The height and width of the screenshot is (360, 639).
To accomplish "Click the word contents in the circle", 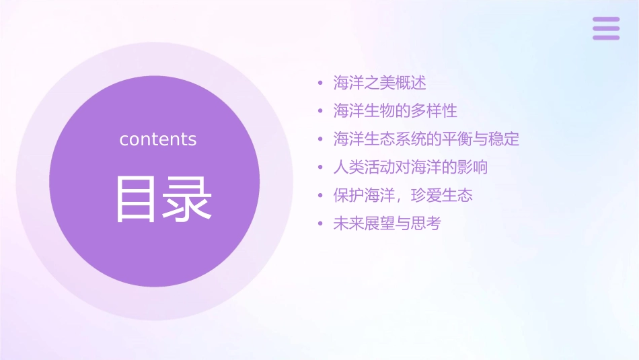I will (x=158, y=139).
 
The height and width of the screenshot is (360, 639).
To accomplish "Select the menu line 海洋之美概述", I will (x=379, y=83).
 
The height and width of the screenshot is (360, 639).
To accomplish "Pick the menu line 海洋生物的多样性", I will (x=395, y=111).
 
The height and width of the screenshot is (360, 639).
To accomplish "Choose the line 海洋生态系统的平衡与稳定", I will (x=426, y=139).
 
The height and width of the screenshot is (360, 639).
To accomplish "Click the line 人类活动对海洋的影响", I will (x=410, y=167).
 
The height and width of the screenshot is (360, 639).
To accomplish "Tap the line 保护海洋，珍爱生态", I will (x=403, y=195).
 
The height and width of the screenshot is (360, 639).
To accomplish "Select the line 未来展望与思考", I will (x=387, y=223).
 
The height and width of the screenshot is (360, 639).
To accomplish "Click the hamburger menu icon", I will (x=606, y=28).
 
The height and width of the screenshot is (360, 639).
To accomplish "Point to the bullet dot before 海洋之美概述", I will (x=321, y=83).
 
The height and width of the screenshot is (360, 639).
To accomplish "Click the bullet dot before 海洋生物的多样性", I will (x=321, y=112).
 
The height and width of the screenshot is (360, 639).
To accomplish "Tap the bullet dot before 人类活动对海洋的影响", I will (x=321, y=168).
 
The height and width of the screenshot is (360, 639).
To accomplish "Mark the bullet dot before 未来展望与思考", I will (x=321, y=224).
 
